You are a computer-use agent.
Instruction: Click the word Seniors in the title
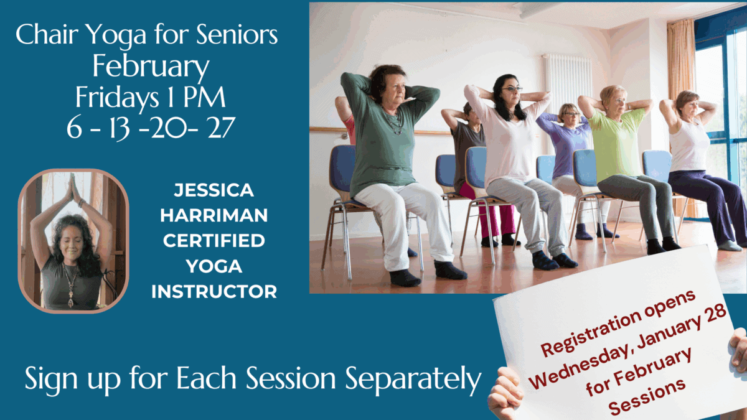pos(237,34)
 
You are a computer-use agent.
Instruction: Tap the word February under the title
pos(151,66)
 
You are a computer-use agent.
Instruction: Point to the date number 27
pos(222,128)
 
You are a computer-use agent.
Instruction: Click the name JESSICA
pos(214,190)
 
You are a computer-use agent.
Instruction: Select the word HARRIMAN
pos(214,215)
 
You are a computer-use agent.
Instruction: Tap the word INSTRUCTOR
pos(214,292)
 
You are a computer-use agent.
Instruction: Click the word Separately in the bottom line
pos(413,379)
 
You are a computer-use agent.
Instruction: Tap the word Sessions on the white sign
pos(647,398)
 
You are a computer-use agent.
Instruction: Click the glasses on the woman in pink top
pos(512,88)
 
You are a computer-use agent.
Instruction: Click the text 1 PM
pos(196,97)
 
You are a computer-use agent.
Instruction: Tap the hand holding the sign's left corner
pos(505,393)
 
